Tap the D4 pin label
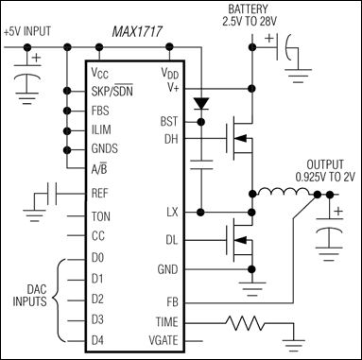tap(97, 338)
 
